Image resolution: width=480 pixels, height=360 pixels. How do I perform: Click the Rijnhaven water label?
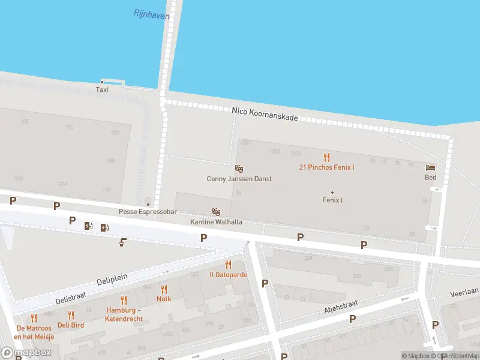(x=151, y=13)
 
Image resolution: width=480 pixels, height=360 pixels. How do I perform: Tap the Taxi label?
(x=102, y=89)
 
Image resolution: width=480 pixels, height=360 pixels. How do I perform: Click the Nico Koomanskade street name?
(x=265, y=115)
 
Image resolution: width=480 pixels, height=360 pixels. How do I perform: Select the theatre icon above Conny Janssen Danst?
(x=239, y=169)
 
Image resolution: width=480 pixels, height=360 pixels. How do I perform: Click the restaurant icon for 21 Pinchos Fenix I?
(x=326, y=157)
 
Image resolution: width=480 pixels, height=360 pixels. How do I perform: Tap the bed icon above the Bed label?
(x=430, y=167)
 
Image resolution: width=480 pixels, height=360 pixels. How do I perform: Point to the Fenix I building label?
(x=332, y=200)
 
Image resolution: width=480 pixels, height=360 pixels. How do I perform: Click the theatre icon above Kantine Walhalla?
(x=216, y=212)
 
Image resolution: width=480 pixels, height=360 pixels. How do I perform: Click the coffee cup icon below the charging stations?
(x=122, y=242)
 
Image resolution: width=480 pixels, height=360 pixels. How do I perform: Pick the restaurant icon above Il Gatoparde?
(x=228, y=265)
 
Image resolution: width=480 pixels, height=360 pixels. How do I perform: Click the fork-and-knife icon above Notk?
(x=164, y=289)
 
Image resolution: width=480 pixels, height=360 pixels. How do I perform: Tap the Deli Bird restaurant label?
(x=71, y=325)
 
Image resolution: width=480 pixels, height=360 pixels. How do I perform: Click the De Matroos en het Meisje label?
(x=35, y=332)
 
